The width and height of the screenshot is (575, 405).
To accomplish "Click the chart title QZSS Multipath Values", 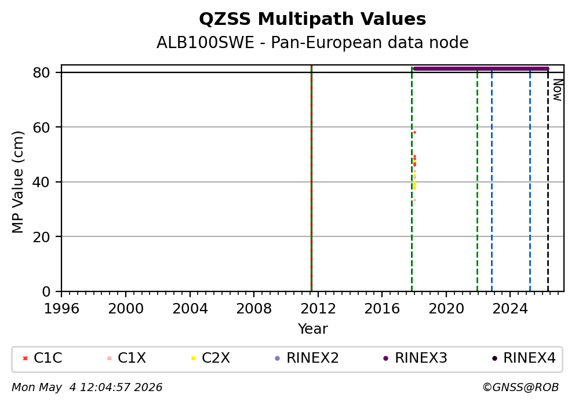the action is click(x=312, y=19).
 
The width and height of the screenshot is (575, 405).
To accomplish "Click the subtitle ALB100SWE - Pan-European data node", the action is click(x=312, y=42).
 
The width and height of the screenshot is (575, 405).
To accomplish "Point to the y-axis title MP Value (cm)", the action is click(x=17, y=182).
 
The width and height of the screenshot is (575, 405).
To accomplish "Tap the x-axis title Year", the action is click(x=312, y=329).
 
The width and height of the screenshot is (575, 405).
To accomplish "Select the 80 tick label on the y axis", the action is click(x=41, y=72).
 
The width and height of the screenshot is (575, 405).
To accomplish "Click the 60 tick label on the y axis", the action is click(x=41, y=127).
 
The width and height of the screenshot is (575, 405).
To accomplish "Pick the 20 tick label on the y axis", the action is click(x=41, y=237).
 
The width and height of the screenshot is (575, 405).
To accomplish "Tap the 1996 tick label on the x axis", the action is click(x=61, y=309).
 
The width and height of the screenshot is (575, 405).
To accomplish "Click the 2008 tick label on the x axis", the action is click(x=254, y=309).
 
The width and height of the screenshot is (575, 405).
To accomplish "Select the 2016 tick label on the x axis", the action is click(x=382, y=309).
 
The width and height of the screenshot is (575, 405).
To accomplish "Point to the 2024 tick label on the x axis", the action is click(x=510, y=309).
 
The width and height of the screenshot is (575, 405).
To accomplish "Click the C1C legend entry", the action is click(x=42, y=358).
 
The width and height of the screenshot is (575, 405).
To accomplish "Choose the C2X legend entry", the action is click(x=210, y=358).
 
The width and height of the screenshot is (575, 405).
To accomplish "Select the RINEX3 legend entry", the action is click(x=415, y=358).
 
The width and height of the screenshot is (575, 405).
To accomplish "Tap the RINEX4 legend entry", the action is click(x=523, y=358).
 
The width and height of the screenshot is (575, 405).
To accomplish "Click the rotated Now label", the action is click(x=558, y=90).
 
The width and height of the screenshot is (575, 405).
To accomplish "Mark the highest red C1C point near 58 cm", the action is click(x=415, y=132).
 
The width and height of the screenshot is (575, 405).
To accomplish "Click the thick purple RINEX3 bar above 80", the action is click(x=481, y=68).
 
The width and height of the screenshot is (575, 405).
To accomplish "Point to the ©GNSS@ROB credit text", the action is click(x=521, y=388).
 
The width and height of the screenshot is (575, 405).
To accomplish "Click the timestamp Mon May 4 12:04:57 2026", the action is click(x=87, y=388).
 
